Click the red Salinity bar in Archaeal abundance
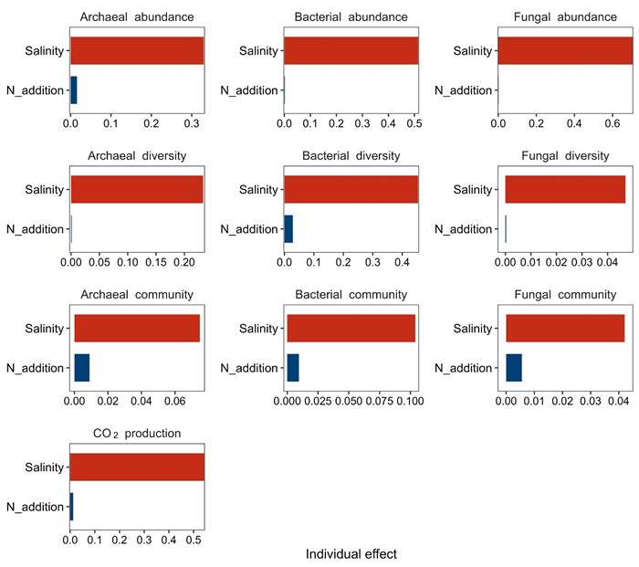(x=137, y=50)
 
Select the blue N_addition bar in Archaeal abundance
(x=74, y=90)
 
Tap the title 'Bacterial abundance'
(x=351, y=17)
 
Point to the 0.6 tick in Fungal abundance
(x=613, y=123)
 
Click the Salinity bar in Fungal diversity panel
(x=565, y=190)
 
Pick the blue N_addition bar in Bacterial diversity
(x=288, y=229)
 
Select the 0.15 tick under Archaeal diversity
(x=156, y=262)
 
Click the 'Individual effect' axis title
(x=351, y=554)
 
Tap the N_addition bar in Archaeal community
(x=82, y=368)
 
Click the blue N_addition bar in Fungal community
(x=514, y=368)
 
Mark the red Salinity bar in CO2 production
(x=137, y=467)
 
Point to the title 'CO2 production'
(x=137, y=434)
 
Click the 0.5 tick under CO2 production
(x=194, y=541)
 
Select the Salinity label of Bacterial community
(x=258, y=329)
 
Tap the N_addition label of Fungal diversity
(x=464, y=229)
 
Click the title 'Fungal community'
(x=565, y=295)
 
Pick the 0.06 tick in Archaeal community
(x=175, y=401)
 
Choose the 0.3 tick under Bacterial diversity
(x=372, y=262)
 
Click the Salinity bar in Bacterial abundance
(x=351, y=50)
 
